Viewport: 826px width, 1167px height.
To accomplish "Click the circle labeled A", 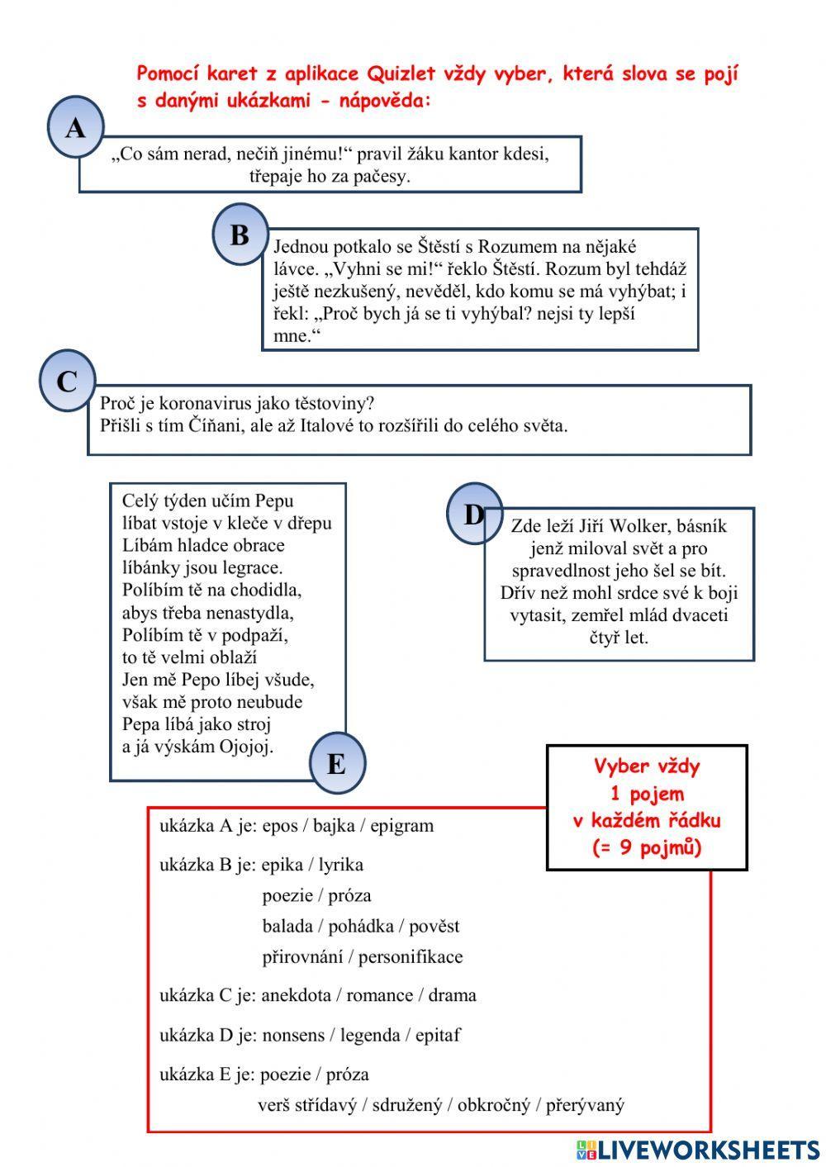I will click(75, 127).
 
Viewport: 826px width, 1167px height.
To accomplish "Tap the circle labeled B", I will click(240, 235).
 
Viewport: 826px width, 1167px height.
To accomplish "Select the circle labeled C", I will click(67, 381).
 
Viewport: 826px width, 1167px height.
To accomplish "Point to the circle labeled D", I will click(474, 515).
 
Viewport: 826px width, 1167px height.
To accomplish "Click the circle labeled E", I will click(337, 764).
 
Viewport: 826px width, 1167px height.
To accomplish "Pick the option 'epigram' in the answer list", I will click(401, 825).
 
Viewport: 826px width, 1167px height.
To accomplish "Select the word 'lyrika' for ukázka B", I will click(341, 865).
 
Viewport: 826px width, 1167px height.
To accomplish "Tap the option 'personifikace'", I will click(411, 956).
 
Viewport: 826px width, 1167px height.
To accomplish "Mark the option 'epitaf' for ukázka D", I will click(438, 1035).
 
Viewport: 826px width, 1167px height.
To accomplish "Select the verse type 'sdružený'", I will click(407, 1104).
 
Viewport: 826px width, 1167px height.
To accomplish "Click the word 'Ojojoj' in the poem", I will click(246, 747).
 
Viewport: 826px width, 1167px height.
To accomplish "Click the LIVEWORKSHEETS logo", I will click(698, 1150).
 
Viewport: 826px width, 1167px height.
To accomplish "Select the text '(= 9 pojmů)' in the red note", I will click(647, 847).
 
